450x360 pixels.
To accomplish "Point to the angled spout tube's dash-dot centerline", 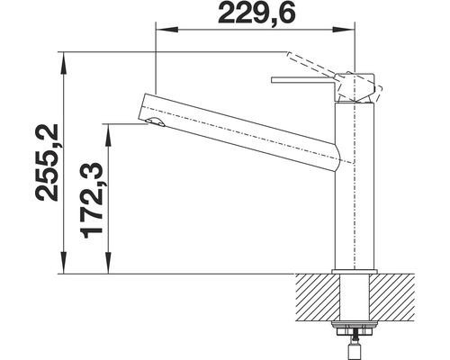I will [x=243, y=135].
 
